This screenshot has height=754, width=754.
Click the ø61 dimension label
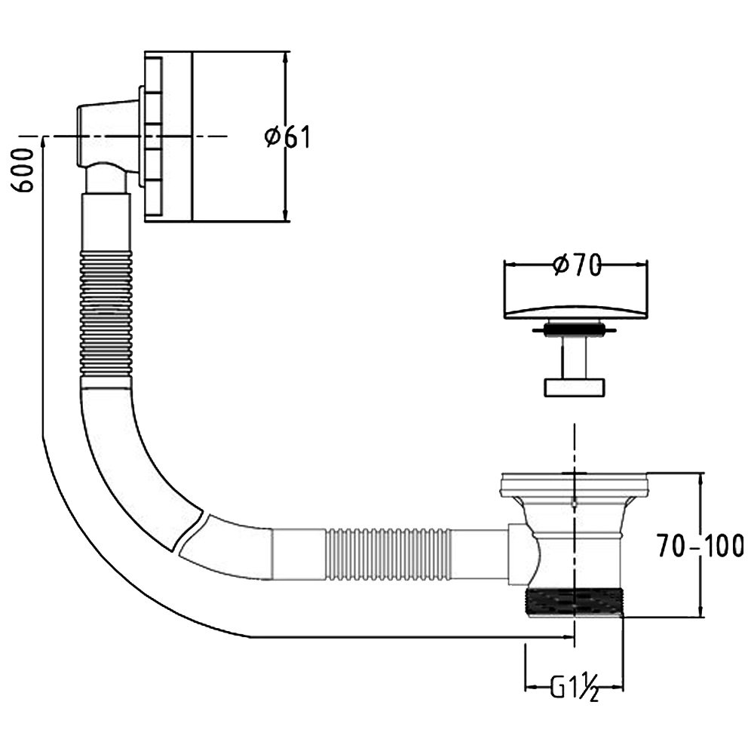click(288, 137)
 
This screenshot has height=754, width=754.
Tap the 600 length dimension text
click(23, 170)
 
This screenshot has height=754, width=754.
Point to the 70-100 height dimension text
click(700, 546)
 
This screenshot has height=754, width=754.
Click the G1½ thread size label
click(575, 688)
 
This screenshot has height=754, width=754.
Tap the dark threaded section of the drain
click(575, 602)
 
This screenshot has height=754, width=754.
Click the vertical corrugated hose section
click(106, 314)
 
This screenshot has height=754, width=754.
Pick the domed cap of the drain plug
click(575, 311)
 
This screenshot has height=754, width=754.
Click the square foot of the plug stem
click(574, 388)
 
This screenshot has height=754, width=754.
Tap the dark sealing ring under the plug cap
click(573, 329)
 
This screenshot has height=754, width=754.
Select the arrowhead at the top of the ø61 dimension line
click(286, 59)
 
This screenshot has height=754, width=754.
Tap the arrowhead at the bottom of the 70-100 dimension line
click(700, 610)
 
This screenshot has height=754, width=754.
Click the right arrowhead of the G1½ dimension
click(616, 687)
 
